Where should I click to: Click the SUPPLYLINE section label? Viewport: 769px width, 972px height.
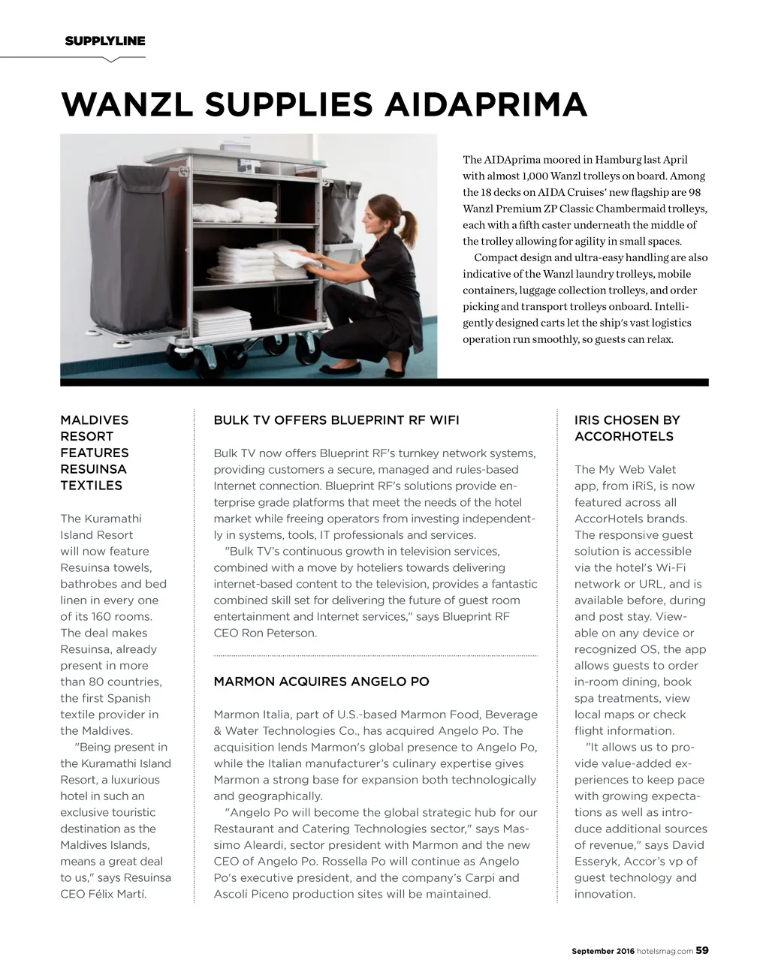click(105, 41)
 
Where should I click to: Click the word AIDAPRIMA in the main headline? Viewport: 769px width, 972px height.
click(486, 104)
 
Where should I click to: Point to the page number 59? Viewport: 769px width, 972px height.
click(701, 950)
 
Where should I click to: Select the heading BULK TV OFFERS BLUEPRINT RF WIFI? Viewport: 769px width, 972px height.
click(336, 420)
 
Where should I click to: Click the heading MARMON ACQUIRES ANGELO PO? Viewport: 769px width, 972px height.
click(321, 682)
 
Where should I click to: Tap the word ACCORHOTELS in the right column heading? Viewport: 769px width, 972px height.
click(624, 436)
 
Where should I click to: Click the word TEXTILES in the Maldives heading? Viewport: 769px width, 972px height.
click(91, 485)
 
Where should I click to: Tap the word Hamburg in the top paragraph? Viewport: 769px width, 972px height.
click(618, 159)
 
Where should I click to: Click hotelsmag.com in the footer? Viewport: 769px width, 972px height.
click(665, 951)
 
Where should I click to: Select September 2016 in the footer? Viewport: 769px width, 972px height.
click(603, 951)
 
